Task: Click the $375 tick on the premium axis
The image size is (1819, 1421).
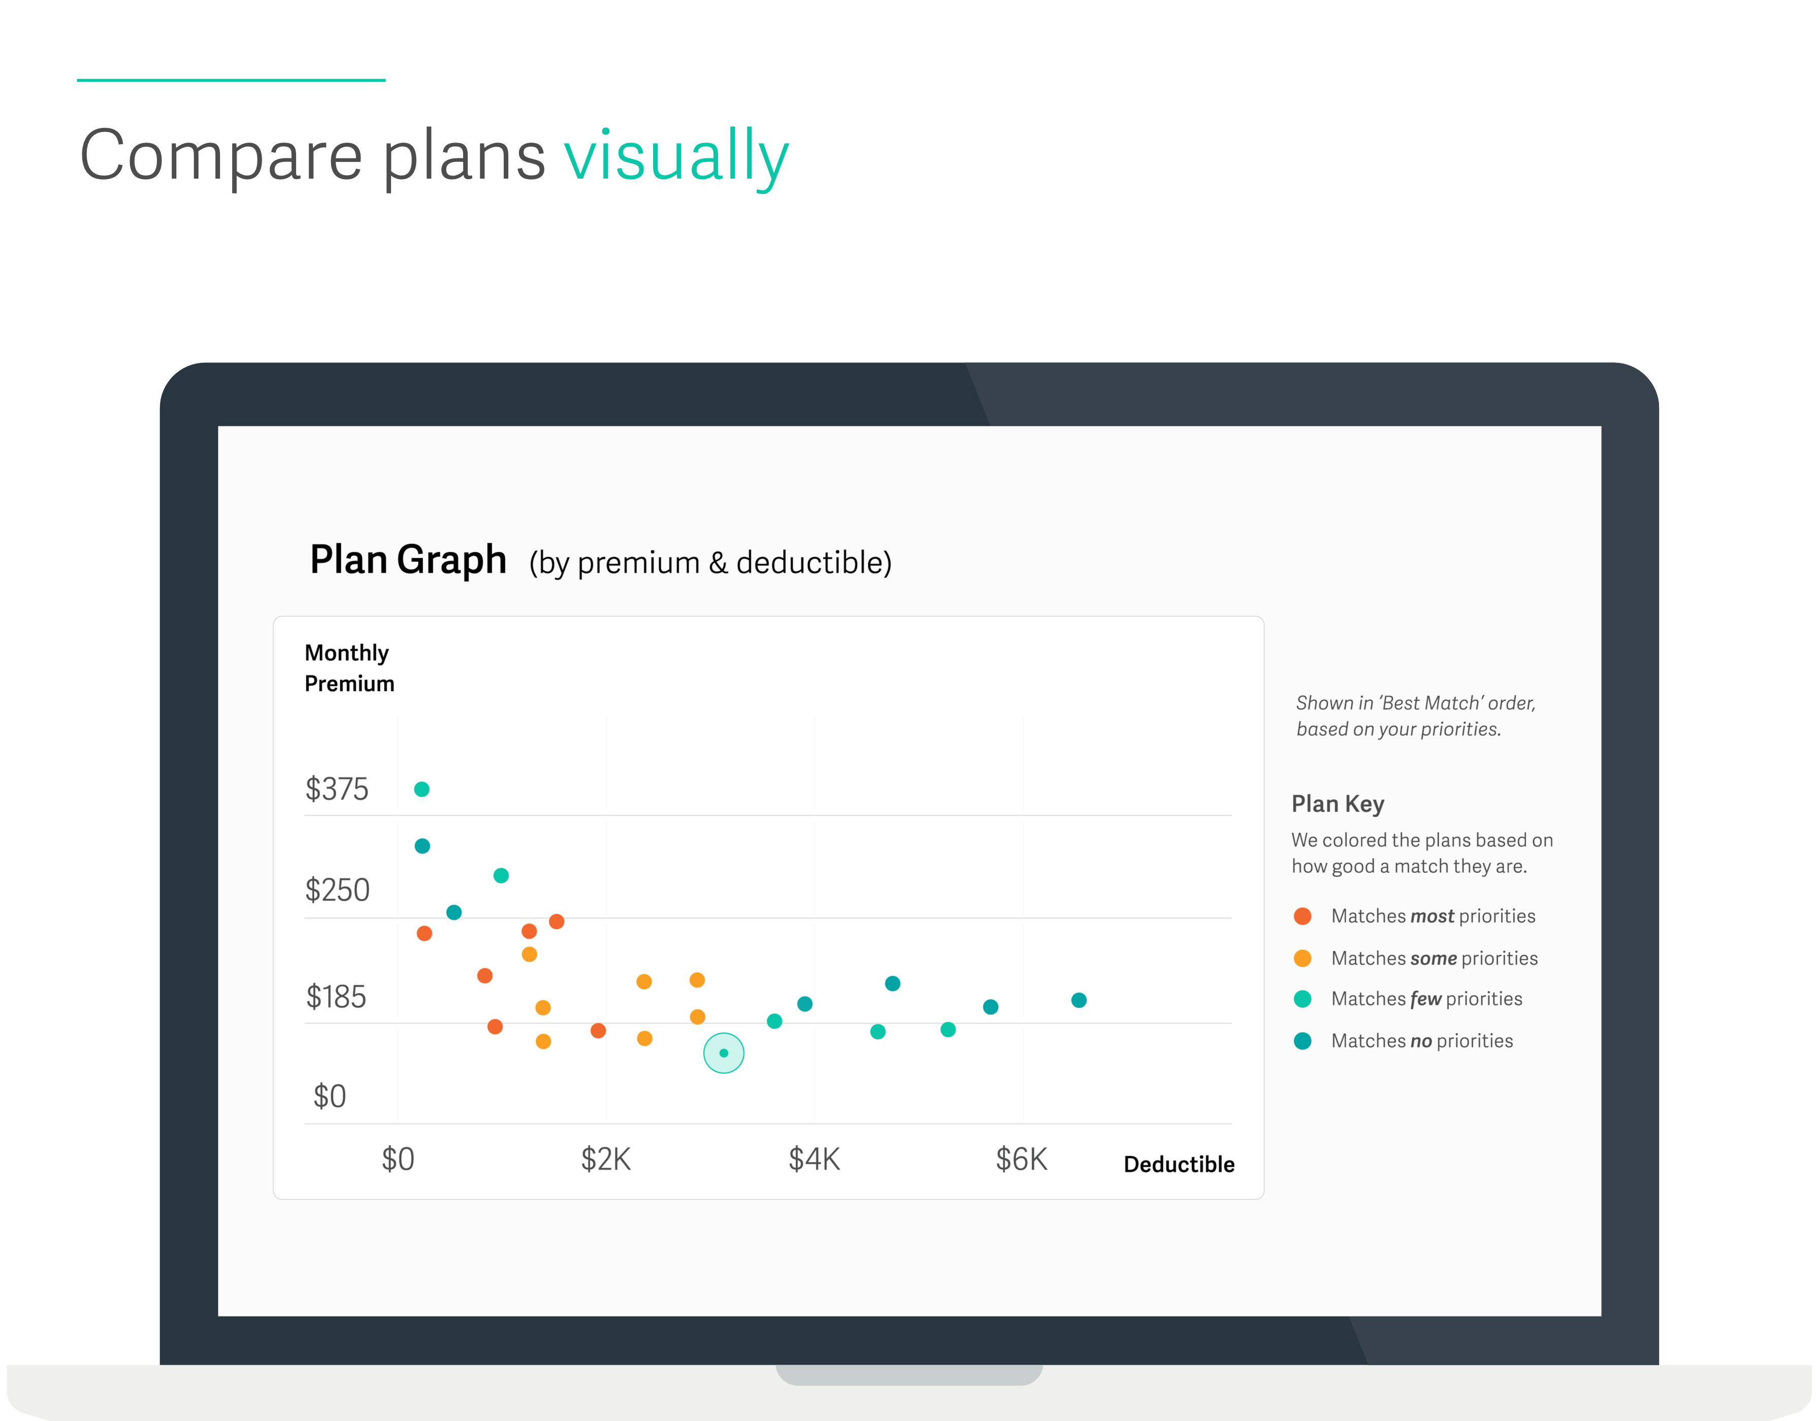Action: coord(337,788)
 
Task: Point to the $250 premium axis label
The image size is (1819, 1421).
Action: coord(337,890)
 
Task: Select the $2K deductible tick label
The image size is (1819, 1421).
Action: coord(605,1159)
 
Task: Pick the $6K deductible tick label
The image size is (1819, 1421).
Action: coord(1021,1159)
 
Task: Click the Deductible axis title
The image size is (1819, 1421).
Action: coord(1179,1164)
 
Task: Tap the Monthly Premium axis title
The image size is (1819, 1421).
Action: coord(349,668)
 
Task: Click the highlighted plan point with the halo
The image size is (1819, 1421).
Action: coord(724,1053)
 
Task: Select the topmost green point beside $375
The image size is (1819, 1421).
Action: coord(421,789)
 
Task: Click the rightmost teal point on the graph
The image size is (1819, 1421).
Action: coord(1079,1000)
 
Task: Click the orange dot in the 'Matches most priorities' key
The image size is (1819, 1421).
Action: coord(1303,917)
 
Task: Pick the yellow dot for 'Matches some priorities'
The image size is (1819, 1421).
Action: coord(1303,958)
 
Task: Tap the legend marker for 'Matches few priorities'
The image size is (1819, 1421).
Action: coord(1303,999)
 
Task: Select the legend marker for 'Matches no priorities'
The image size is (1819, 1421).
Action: coord(1303,1040)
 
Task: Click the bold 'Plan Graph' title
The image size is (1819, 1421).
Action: coord(408,559)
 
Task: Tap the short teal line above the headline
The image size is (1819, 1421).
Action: coord(231,80)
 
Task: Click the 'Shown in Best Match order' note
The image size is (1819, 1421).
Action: coord(1416,716)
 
